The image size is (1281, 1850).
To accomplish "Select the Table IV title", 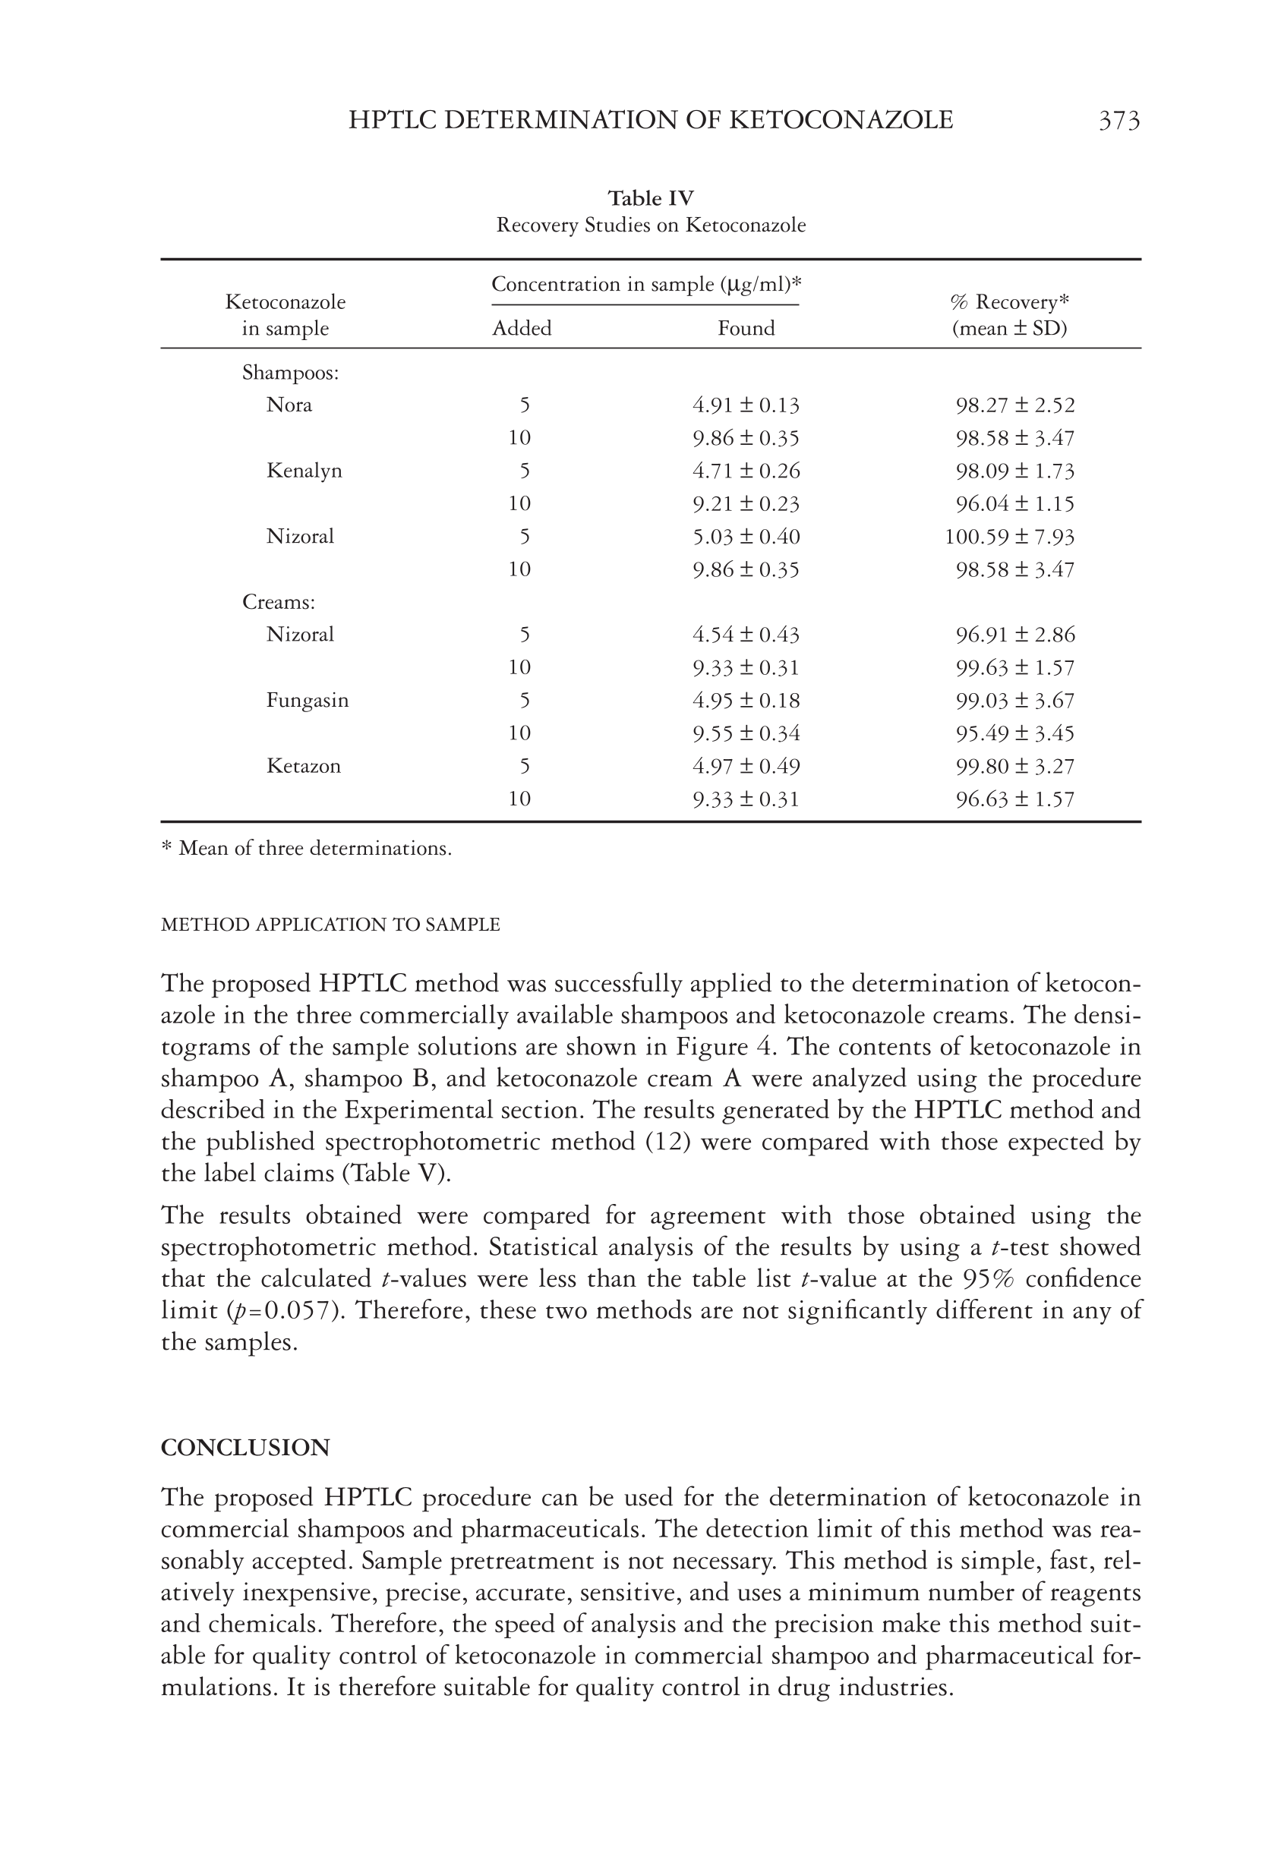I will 650,198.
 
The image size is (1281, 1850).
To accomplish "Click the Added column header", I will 522,328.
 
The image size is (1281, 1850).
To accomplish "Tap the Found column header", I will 746,328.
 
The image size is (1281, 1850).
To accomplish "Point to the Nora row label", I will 289,405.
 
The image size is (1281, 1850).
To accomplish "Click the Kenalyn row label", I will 304,471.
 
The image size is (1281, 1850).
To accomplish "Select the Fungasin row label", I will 308,701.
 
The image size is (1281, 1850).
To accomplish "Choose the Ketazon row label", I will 304,766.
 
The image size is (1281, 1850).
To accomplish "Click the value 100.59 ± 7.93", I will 1009,537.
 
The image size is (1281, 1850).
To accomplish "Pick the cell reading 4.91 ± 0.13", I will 746,405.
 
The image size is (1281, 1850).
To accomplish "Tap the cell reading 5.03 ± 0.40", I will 746,537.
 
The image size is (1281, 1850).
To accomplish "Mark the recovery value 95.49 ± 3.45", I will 1014,733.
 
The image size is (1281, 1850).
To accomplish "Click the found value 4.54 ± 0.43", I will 746,635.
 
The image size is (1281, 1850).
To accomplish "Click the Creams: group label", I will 279,603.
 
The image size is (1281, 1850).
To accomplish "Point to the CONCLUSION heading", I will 245,1447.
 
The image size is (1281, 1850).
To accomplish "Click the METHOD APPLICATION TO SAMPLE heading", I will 330,924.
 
